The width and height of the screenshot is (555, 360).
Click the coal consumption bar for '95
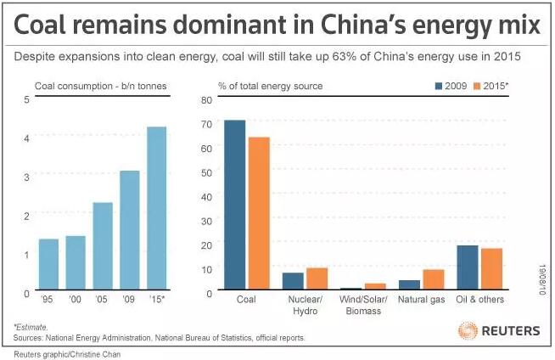(x=48, y=264)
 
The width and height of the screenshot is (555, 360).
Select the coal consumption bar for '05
(x=103, y=246)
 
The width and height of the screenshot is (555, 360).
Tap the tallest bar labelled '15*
(x=156, y=208)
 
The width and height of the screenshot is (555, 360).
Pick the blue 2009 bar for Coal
(x=234, y=205)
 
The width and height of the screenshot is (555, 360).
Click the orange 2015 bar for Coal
(x=258, y=213)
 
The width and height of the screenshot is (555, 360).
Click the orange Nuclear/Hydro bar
(x=317, y=278)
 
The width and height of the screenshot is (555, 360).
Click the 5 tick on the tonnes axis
(x=26, y=99)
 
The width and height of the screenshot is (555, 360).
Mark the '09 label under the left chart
(x=129, y=299)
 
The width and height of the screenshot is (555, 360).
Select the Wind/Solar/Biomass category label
(x=362, y=305)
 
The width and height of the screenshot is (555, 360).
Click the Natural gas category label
(x=422, y=299)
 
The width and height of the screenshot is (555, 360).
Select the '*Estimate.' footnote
(x=31, y=326)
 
